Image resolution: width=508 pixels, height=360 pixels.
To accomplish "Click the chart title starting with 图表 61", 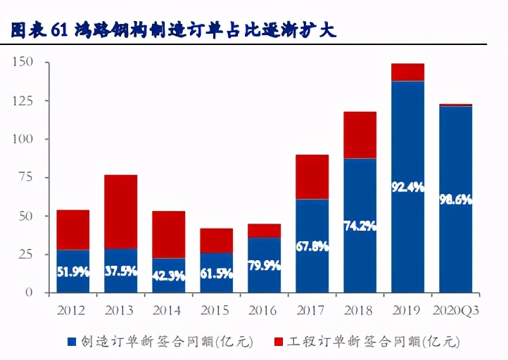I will pos(173,31).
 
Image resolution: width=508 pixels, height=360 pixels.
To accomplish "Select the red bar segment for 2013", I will pos(120,211).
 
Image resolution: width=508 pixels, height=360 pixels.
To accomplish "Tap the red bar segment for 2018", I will pos(360,135).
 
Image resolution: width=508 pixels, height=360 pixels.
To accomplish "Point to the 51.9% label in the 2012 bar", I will pos(72,272).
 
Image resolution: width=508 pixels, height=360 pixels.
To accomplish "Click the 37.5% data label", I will pos(120,272).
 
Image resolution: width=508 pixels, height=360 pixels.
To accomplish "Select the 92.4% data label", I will pos(407,187).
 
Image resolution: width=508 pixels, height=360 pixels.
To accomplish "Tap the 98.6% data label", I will pos(455,200).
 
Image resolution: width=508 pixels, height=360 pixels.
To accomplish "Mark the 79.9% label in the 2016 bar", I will pos(264,265).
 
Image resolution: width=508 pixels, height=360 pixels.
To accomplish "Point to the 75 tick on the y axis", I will pos(25,177).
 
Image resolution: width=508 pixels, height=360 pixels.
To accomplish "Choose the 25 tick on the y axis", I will pos(25,254).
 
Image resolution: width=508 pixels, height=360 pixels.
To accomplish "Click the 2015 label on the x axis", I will pos(216,309).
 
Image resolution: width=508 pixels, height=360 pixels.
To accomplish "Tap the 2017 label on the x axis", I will pos(312,309).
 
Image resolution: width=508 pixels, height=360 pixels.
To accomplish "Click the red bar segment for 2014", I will pos(168,234).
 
